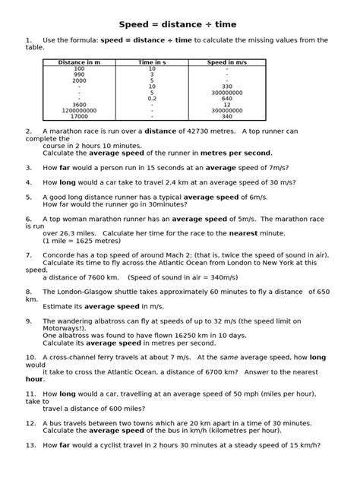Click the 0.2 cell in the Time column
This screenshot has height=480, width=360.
(152, 98)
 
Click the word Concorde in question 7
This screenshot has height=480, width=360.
(59, 255)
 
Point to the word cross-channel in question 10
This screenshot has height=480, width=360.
(73, 357)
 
